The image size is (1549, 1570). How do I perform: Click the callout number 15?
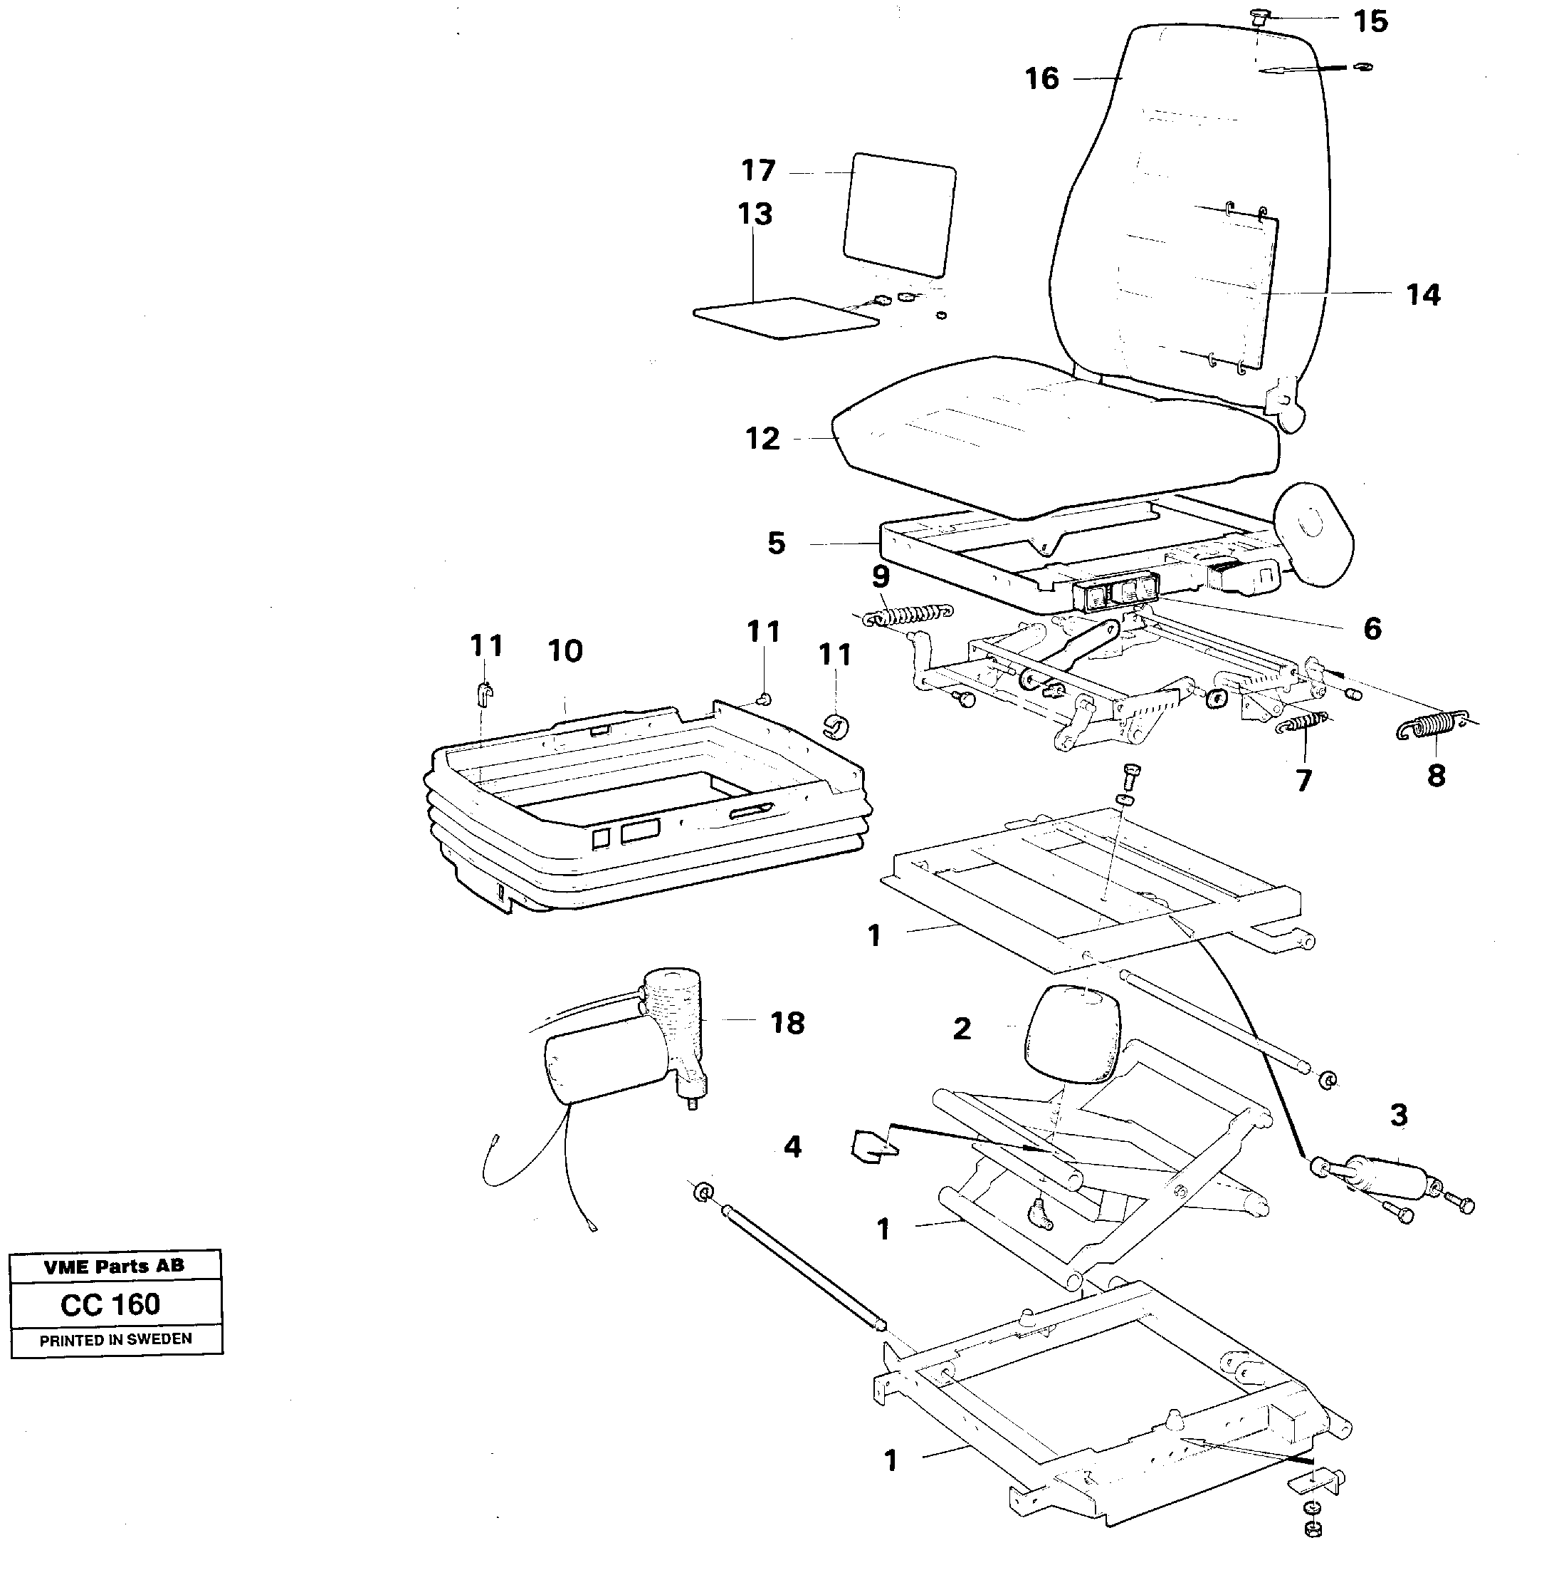pyautogui.click(x=1370, y=22)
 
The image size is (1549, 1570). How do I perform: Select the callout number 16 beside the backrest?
pyautogui.click(x=1041, y=79)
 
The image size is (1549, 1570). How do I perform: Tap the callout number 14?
pyautogui.click(x=1422, y=294)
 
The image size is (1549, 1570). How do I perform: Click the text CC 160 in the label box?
pyautogui.click(x=110, y=1304)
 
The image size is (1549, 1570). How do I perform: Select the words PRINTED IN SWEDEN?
pyautogui.click(x=115, y=1338)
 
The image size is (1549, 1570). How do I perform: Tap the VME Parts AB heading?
pyautogui.click(x=114, y=1266)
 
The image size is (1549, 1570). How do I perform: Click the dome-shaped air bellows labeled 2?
pyautogui.click(x=1071, y=1034)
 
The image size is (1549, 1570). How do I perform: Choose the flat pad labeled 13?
pyautogui.click(x=784, y=317)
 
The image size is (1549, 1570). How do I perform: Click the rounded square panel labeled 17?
pyautogui.click(x=899, y=214)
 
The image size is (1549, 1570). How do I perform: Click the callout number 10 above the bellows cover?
pyautogui.click(x=565, y=651)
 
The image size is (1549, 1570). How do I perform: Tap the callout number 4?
pyautogui.click(x=792, y=1147)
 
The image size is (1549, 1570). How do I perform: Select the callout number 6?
pyautogui.click(x=1371, y=628)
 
